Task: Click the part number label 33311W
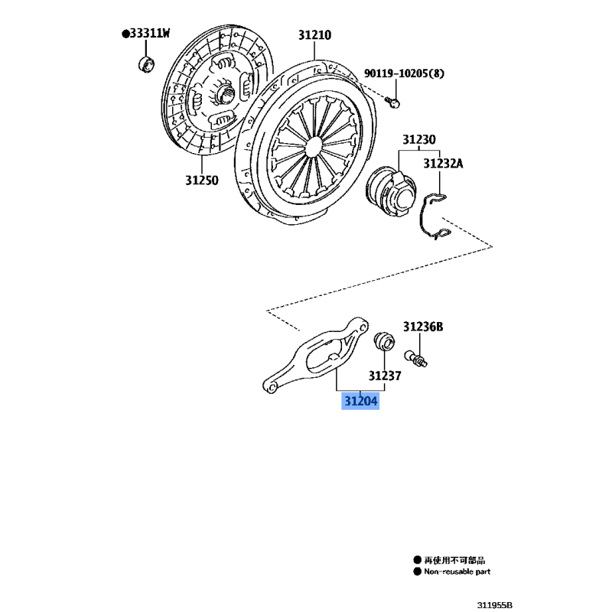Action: pos(150,34)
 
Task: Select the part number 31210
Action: pos(314,35)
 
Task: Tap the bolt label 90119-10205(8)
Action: pos(404,73)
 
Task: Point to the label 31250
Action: pos(202,181)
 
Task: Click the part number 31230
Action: pos(419,139)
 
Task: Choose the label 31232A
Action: pos(443,164)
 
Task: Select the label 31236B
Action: pos(423,327)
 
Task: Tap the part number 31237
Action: pos(385,376)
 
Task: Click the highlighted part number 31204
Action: pos(360,401)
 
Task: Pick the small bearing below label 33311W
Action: pos(146,64)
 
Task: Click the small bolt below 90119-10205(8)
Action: pos(392,103)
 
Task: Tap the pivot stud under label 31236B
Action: pos(416,358)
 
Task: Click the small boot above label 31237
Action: pos(384,341)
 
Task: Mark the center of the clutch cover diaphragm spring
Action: pos(314,145)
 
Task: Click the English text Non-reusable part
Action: pos(457,571)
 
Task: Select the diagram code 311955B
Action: pos(494,605)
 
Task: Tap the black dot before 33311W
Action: pos(125,34)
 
